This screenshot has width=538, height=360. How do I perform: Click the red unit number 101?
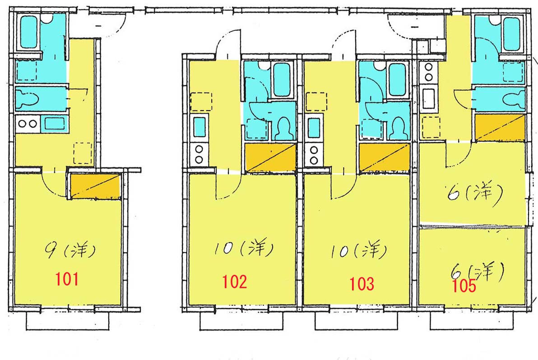pyautogui.click(x=67, y=279)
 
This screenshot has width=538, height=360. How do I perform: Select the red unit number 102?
pyautogui.click(x=235, y=282)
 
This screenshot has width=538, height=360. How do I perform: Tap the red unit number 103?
pyautogui.click(x=362, y=284)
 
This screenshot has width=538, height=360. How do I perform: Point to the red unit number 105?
pyautogui.click(x=464, y=286)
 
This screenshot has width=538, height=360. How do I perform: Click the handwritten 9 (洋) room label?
pyautogui.click(x=71, y=251)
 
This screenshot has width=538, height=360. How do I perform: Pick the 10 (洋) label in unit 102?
pyautogui.click(x=244, y=248)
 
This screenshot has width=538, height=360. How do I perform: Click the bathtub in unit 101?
pyautogui.click(x=28, y=32)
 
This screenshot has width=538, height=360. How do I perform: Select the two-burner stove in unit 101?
pyautogui.click(x=28, y=124)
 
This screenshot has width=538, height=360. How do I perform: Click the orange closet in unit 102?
pyautogui.click(x=270, y=158)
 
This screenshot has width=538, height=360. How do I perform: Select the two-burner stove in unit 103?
pyautogui.click(x=314, y=155)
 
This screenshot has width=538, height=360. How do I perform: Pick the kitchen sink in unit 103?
pyautogui.click(x=314, y=128)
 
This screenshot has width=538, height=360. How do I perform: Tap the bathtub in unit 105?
pyautogui.click(x=511, y=33)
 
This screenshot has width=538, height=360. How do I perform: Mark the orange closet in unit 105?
pyautogui.click(x=500, y=128)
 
